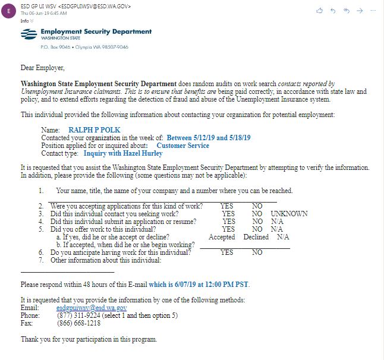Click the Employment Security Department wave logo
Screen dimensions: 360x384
[28, 34]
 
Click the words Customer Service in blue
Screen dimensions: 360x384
[182, 146]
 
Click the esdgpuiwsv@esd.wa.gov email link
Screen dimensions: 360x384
[92, 308]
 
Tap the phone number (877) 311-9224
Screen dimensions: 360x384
[77, 315]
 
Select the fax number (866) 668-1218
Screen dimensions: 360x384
[78, 323]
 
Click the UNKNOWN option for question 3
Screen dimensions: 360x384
[289, 213]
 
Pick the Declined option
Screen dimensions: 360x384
[256, 236]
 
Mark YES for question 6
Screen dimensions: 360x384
[226, 252]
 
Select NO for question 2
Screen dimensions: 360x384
[257, 206]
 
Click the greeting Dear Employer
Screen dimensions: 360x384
[42, 68]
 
